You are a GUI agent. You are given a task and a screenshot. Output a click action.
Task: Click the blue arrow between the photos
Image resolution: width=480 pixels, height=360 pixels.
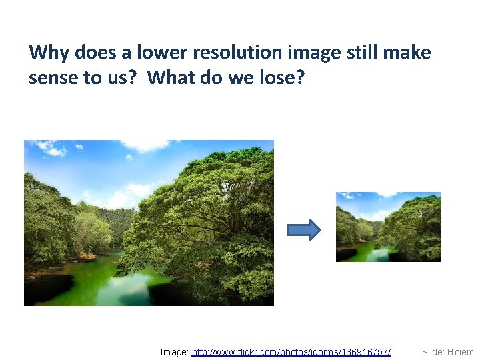[304, 230]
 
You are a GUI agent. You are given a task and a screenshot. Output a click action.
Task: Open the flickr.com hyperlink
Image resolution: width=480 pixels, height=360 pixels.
[291, 351]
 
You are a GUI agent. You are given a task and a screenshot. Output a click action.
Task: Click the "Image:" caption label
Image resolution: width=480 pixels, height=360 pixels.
[175, 351]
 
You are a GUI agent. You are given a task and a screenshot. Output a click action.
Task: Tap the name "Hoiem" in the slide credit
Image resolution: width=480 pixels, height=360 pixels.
[461, 351]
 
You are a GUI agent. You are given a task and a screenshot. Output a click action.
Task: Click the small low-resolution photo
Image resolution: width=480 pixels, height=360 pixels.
[388, 227]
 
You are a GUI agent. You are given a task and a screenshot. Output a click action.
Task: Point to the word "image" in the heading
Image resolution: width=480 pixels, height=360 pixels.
[301, 52]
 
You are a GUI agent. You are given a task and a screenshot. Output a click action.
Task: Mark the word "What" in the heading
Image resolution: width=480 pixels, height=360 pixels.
[171, 78]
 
